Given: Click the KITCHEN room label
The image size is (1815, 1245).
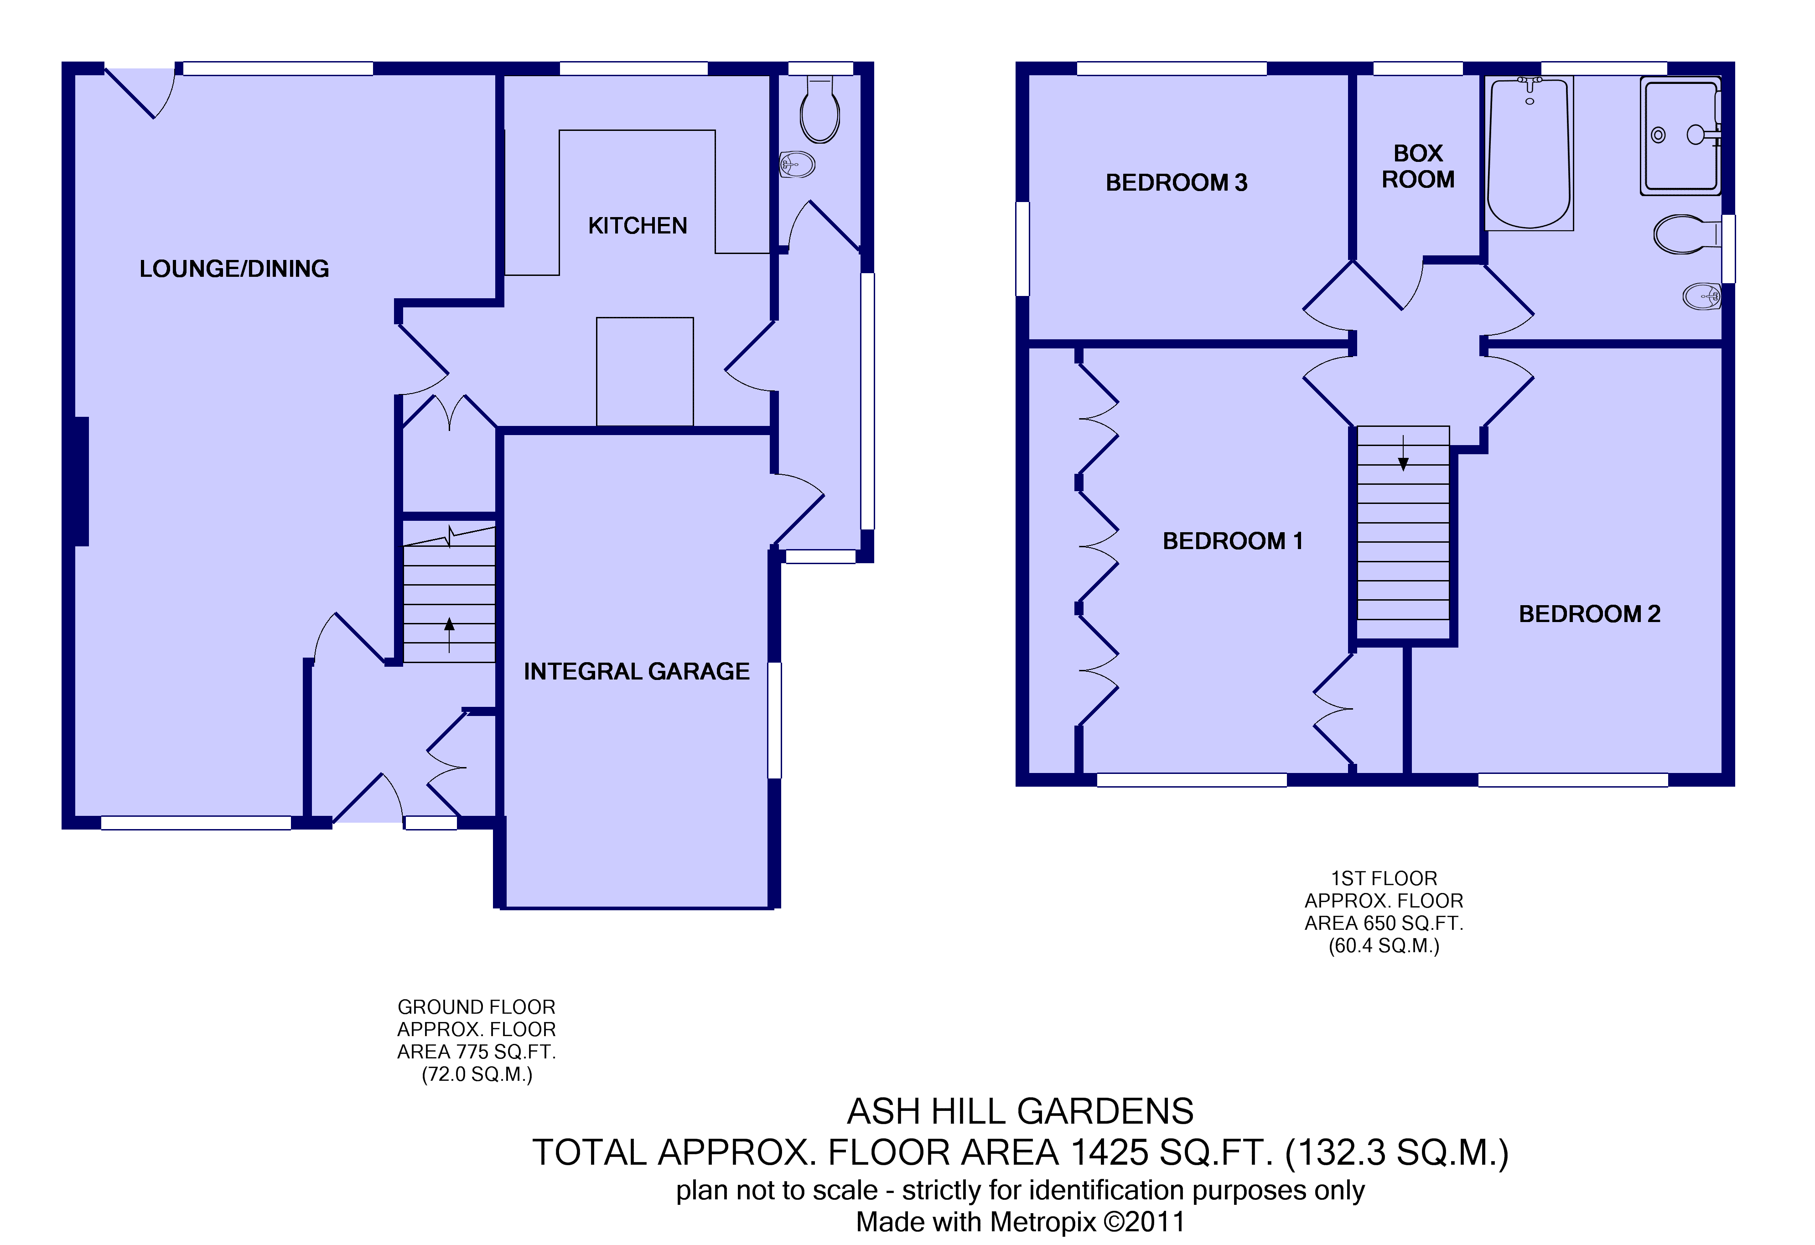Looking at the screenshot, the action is (x=637, y=226).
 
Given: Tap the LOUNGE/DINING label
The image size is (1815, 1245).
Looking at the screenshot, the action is (x=234, y=269).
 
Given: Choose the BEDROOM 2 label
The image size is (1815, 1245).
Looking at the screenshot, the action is (x=1589, y=614).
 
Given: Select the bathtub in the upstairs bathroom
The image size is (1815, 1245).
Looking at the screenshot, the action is (x=1528, y=153).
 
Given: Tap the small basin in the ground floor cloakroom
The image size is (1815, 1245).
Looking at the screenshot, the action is (x=798, y=164).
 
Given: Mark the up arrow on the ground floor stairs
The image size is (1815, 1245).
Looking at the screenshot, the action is (x=449, y=634).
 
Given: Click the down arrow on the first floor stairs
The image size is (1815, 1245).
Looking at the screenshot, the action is (x=1403, y=453).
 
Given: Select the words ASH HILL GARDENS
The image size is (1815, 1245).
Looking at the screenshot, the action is (x=1020, y=1110).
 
